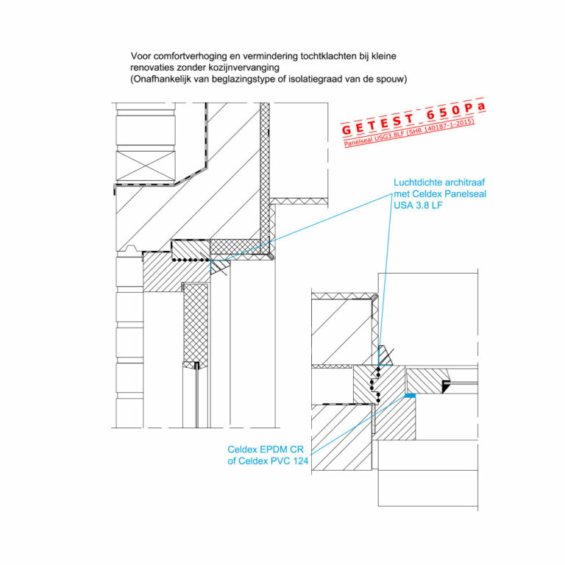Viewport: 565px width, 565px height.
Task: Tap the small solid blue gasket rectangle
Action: (410, 396)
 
